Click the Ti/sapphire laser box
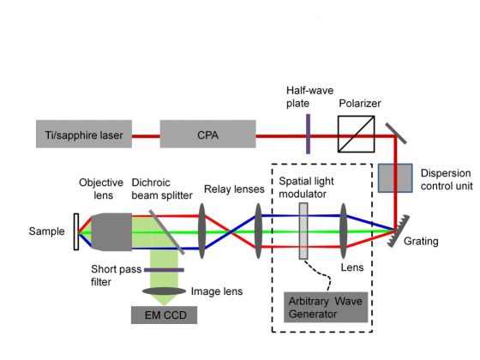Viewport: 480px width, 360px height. [x=84, y=134]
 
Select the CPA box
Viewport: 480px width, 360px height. [x=207, y=134]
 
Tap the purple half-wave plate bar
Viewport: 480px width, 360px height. [x=308, y=134]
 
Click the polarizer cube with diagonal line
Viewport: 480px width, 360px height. [x=357, y=134]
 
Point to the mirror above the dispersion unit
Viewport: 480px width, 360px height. [x=396, y=134]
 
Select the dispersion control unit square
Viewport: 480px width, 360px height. [x=395, y=178]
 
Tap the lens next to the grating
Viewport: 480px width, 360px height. [x=344, y=231]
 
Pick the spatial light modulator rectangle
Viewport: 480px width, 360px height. [x=303, y=231]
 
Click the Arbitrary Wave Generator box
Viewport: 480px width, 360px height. [x=326, y=307]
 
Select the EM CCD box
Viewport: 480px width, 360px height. [x=164, y=315]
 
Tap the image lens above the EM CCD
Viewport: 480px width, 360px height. [x=164, y=291]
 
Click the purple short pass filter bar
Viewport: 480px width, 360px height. [x=164, y=270]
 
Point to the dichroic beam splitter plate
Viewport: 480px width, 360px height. [x=167, y=232]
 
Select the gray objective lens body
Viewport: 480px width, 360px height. [x=111, y=232]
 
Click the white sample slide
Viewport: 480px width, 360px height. [x=76, y=231]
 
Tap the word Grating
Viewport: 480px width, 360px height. [x=421, y=242]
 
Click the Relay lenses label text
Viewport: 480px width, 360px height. [x=234, y=189]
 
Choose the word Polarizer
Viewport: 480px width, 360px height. [x=360, y=104]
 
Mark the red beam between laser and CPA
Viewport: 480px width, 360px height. [x=146, y=136]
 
